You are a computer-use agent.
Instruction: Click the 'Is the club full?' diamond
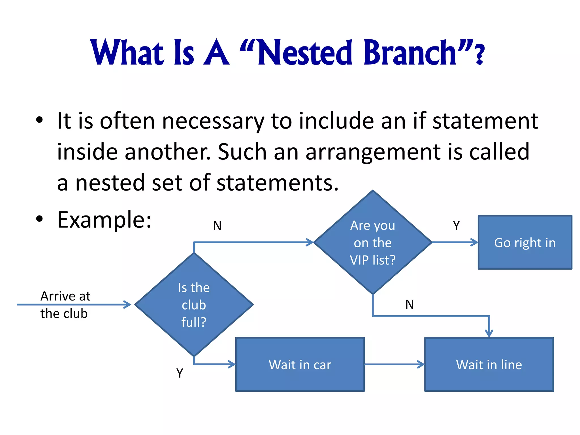click(194, 305)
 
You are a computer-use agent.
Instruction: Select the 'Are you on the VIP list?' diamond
click(373, 242)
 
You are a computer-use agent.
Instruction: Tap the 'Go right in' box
click(525, 242)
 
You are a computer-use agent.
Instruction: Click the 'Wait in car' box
click(300, 364)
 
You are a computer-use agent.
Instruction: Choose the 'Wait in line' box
click(489, 364)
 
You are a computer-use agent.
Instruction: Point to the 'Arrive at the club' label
click(65, 305)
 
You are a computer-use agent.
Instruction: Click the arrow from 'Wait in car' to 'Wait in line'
click(394, 364)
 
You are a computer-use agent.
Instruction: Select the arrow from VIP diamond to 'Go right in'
click(455, 242)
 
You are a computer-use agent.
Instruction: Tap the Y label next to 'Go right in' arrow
click(456, 226)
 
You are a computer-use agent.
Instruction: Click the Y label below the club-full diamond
click(180, 373)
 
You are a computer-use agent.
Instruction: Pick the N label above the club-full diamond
click(217, 226)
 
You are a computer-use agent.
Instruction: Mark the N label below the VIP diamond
click(410, 304)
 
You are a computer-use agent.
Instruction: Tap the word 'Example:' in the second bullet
click(104, 220)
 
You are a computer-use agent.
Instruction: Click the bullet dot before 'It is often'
click(39, 120)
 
